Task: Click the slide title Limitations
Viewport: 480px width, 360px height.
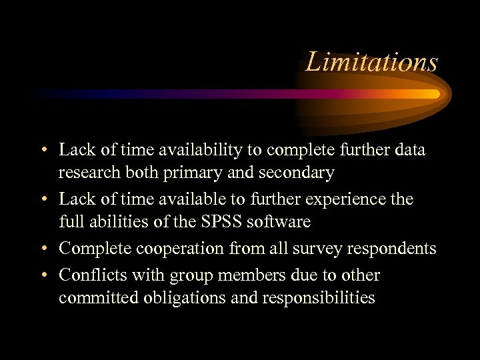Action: pyautogui.click(x=371, y=62)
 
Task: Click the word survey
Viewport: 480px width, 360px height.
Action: pyautogui.click(x=317, y=249)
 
